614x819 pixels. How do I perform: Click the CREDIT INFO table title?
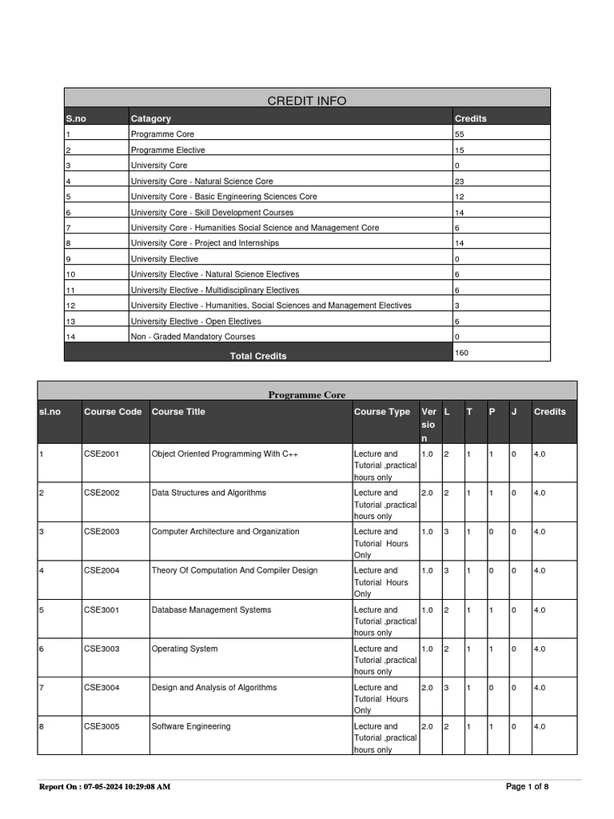307,100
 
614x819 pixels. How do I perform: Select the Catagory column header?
151,118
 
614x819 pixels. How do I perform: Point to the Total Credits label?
258,356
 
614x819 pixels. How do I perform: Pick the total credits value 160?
461,352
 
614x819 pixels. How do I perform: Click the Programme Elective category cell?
168,150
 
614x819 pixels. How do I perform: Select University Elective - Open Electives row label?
196,322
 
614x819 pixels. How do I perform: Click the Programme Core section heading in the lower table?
307,395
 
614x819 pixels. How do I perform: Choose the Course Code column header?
113,412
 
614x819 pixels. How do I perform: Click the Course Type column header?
382,412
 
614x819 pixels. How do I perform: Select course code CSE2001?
102,453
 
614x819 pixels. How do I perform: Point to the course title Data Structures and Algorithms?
209,493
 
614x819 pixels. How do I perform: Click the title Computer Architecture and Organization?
225,531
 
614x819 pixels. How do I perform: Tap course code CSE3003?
102,649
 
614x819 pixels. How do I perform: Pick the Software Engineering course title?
191,726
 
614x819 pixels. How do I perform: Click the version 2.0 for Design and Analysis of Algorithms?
427,687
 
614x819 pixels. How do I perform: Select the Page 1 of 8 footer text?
528,786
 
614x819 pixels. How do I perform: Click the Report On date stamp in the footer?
105,787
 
